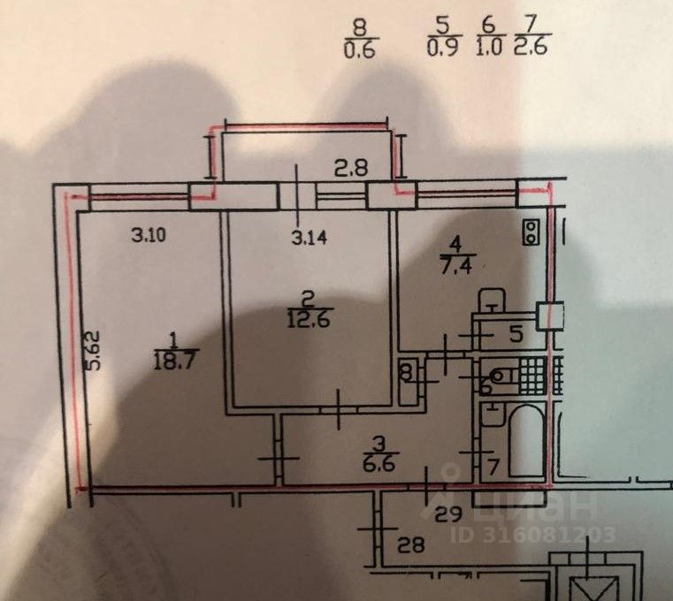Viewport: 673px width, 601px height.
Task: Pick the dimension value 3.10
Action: [148, 235]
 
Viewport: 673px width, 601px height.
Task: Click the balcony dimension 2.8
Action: [344, 164]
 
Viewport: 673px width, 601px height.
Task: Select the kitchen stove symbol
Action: [531, 231]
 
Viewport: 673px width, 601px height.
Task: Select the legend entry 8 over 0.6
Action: [358, 42]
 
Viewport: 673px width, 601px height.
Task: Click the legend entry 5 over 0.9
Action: [442, 41]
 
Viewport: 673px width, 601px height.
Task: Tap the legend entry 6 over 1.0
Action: [488, 41]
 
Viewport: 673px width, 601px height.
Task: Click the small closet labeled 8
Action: [407, 372]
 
